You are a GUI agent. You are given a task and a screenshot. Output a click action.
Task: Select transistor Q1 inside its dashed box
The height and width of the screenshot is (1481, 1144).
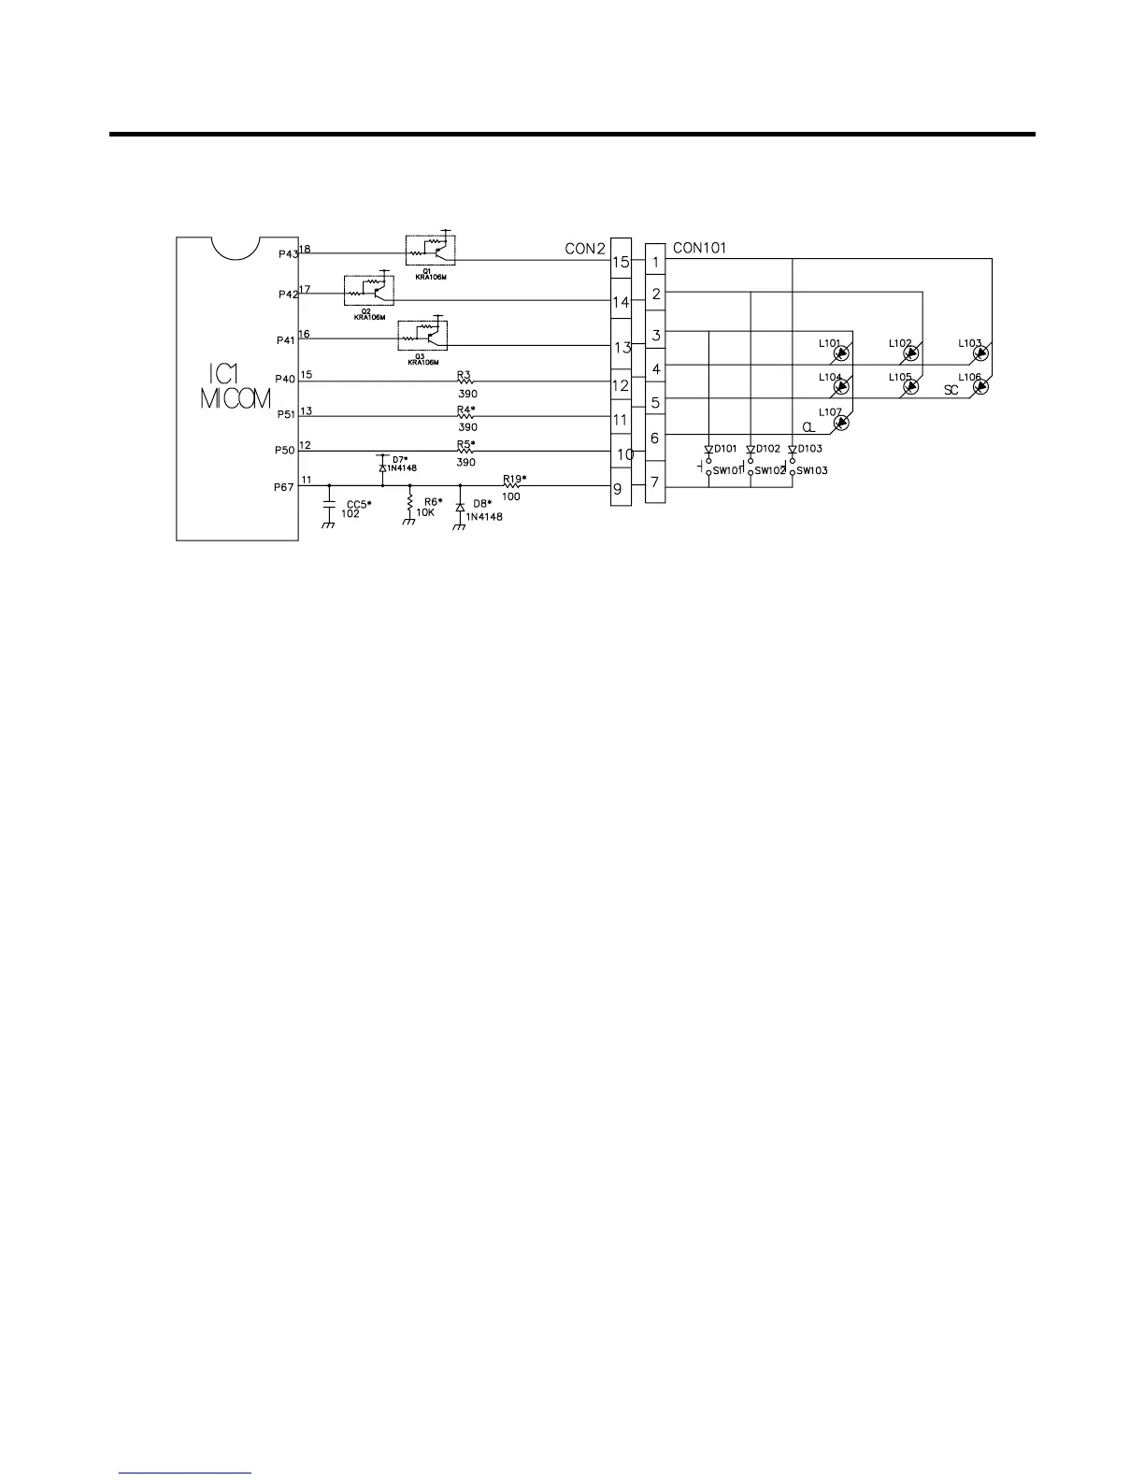(x=431, y=248)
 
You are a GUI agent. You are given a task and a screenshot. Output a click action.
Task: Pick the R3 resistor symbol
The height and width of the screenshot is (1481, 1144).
(x=465, y=381)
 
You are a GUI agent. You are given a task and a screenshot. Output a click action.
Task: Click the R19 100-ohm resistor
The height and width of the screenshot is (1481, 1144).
(x=512, y=486)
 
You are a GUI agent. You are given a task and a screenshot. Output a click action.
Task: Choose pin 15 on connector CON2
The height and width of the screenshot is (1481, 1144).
(x=621, y=263)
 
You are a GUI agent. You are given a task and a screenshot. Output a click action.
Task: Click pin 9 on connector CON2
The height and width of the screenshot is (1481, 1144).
(x=618, y=488)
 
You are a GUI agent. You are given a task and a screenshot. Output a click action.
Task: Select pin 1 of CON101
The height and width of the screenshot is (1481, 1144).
(x=656, y=263)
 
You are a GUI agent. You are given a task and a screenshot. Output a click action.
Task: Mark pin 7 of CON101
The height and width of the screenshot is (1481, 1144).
(x=655, y=483)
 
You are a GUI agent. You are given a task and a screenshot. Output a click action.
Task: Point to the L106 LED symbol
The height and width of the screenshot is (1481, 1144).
(x=980, y=386)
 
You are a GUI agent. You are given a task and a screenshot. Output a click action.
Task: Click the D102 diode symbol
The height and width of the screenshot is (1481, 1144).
(x=751, y=450)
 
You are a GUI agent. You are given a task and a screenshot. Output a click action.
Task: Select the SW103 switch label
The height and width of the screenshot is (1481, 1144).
(x=811, y=471)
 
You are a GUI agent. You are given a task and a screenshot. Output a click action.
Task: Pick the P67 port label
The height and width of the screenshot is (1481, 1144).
(x=284, y=487)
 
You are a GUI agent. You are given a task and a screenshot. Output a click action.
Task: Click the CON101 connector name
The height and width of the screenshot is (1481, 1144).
(x=699, y=248)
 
